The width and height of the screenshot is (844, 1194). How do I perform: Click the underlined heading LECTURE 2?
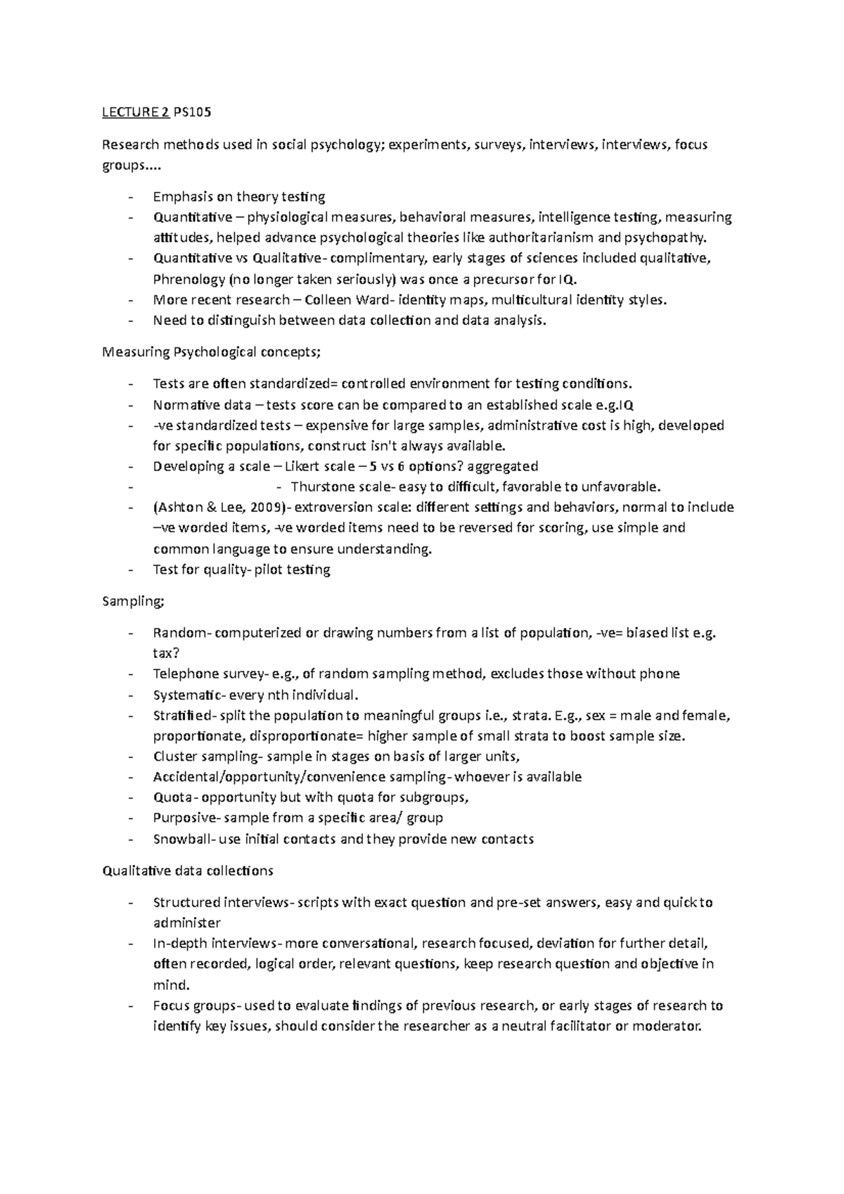tap(136, 113)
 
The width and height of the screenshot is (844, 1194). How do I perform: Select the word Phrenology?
tap(188, 279)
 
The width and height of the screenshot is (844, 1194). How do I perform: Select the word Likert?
tap(299, 466)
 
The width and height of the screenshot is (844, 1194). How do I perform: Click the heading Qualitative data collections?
tap(187, 871)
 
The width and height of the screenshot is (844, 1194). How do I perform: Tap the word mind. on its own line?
tap(171, 984)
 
